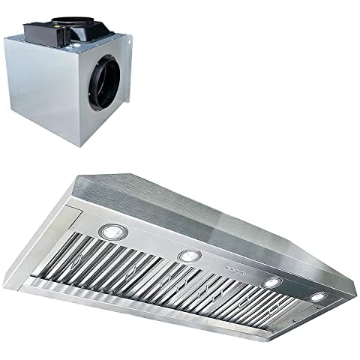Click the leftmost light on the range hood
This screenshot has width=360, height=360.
112,232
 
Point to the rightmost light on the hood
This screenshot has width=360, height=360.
319,296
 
